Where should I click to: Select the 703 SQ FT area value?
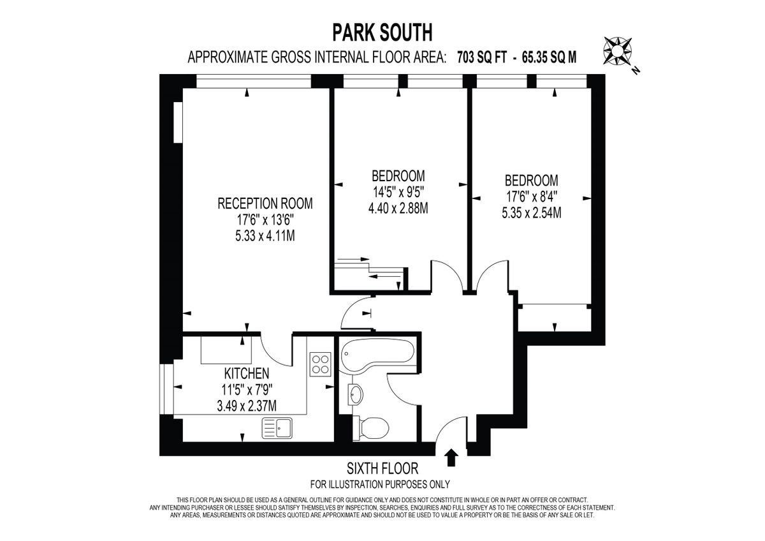483,57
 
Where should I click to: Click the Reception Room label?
265,204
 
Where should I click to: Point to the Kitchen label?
246,373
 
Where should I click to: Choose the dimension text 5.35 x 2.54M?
532,213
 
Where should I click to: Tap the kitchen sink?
277,428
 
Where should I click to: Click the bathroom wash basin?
355,394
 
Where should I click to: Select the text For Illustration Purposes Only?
380,484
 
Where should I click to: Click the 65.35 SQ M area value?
550,57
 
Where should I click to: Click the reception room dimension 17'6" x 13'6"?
265,220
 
